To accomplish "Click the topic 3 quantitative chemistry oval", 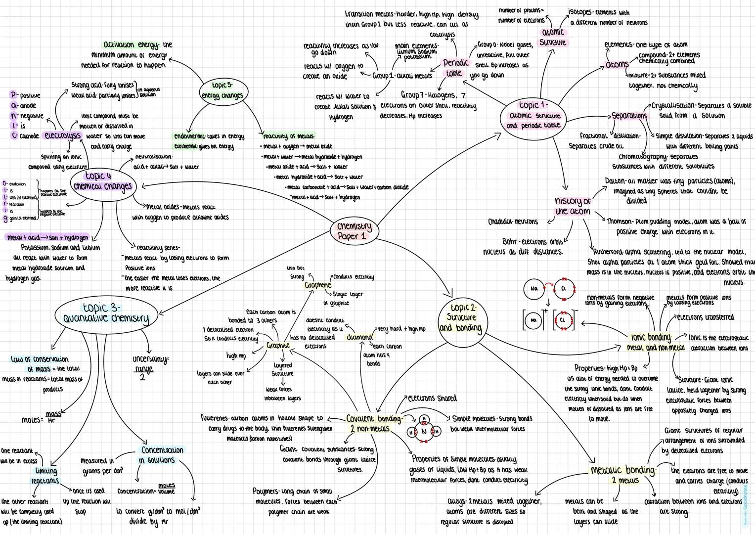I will [x=106, y=313].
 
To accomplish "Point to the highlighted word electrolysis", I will [x=63, y=135].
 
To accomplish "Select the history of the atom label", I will [x=573, y=206].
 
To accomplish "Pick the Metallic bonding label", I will [x=623, y=470].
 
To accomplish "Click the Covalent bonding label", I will [x=374, y=419].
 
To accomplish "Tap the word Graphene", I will [x=317, y=285].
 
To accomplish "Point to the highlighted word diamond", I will [x=359, y=337].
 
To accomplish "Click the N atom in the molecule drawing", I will [x=423, y=432].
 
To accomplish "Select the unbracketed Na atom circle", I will [x=534, y=289].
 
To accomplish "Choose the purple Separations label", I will [x=629, y=116].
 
